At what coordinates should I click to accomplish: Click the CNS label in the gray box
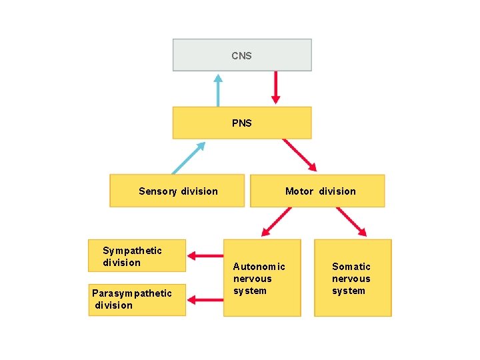click(241, 56)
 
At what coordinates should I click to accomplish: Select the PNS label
click(241, 123)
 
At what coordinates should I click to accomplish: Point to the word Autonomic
click(259, 267)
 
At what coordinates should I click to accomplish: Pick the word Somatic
click(351, 267)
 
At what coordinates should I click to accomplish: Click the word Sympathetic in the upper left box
click(132, 251)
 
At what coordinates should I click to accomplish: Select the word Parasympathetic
click(131, 293)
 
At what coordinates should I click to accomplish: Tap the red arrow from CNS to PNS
click(275, 89)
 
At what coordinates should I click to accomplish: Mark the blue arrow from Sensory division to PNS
click(189, 157)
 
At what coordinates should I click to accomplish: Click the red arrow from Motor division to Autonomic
click(276, 223)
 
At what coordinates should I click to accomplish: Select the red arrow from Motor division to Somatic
click(351, 222)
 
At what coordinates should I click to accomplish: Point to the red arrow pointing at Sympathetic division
click(205, 255)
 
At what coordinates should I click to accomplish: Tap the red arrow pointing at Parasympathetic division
click(205, 300)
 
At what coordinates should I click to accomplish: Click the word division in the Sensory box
click(199, 191)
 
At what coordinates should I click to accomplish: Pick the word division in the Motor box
click(337, 191)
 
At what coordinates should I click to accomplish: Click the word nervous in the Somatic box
click(351, 279)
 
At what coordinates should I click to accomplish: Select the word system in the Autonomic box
click(249, 291)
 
